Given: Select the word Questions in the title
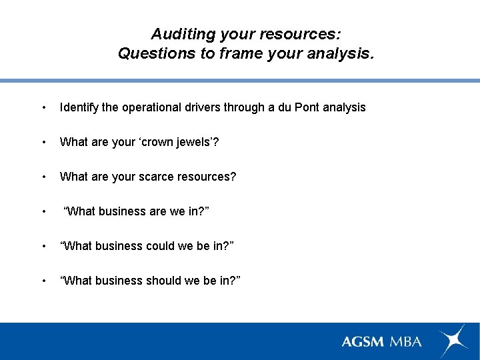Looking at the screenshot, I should pos(156,53).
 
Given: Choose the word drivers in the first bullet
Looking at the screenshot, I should pos(199,107).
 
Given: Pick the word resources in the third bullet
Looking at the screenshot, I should pos(206,177).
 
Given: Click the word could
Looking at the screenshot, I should pos(153,246).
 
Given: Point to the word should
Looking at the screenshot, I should pos(157,281).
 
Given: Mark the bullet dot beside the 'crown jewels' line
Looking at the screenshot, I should pos(43,143).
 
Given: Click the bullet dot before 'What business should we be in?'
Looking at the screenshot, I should pos(43,281).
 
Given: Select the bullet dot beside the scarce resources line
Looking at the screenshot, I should pos(43,177).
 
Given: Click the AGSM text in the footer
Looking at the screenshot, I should pos(363,341).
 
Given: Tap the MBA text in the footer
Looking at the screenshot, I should pos(406,341).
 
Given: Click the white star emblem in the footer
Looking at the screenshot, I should pos(453,341).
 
